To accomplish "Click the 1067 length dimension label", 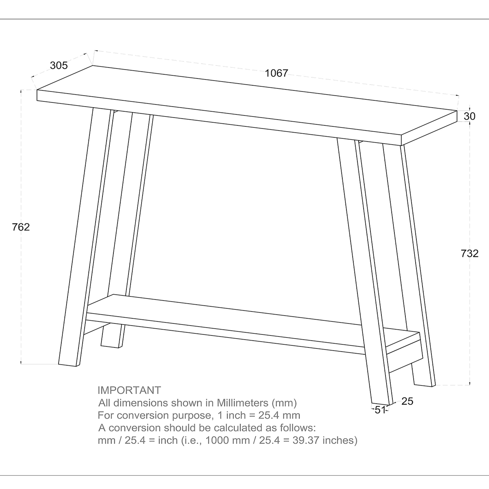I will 276,73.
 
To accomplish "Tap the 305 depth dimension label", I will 59,66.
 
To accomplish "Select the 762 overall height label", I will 21,227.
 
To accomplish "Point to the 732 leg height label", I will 469,253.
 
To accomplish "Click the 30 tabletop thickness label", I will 469,116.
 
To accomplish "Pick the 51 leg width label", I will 380,410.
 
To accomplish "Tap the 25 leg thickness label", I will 407,401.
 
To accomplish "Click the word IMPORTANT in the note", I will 129,390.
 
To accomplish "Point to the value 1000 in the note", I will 215,440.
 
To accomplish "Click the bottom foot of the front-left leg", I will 67,365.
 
